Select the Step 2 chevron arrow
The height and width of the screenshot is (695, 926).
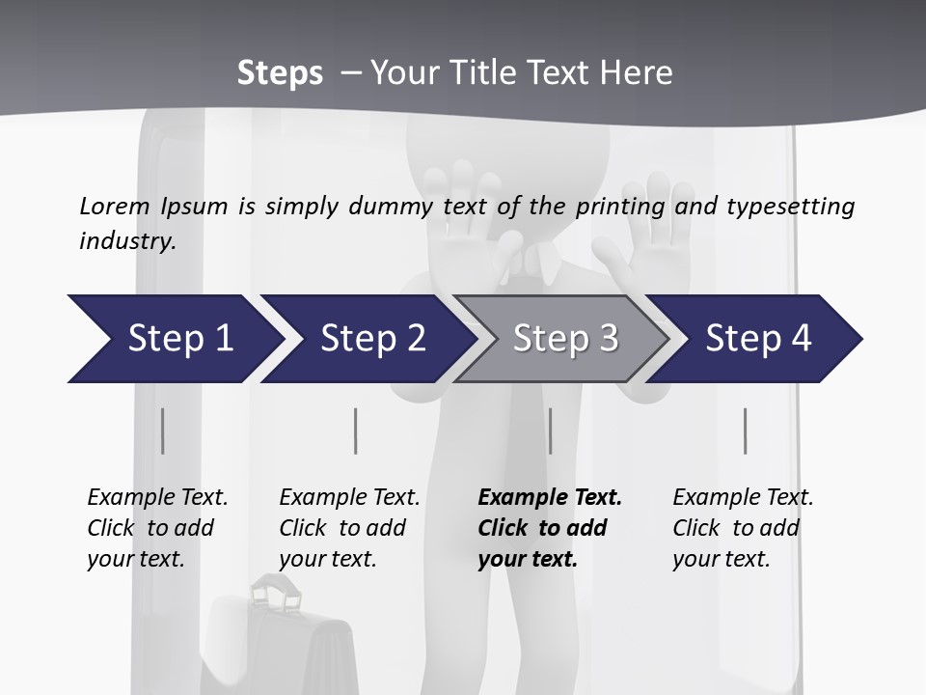(x=372, y=339)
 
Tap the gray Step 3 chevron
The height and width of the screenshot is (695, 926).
(x=565, y=339)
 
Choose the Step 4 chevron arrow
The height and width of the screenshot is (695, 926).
(x=758, y=339)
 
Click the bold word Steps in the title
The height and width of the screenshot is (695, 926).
(x=280, y=73)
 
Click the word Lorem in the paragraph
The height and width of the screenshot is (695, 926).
(x=115, y=206)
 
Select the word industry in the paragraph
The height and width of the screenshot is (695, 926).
(x=126, y=240)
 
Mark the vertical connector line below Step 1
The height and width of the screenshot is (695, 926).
(x=162, y=431)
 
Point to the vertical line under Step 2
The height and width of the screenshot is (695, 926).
(x=356, y=431)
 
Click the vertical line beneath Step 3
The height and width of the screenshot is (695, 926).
(x=550, y=431)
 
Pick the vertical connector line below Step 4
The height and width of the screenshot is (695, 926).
(x=745, y=431)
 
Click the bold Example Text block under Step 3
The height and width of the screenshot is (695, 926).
(x=549, y=528)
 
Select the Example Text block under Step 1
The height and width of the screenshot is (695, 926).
(x=157, y=528)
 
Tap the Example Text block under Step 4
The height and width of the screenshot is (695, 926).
(x=743, y=528)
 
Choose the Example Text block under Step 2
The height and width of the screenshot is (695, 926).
(x=349, y=528)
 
